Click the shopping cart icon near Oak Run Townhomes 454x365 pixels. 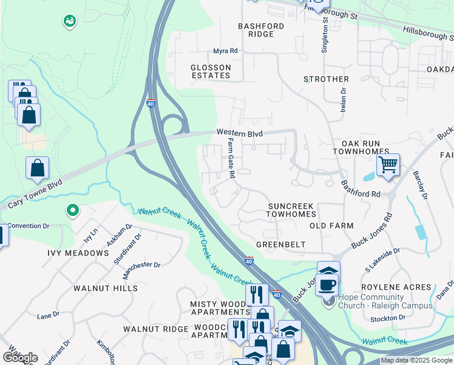tap(388, 164)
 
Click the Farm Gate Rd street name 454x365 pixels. tap(231, 158)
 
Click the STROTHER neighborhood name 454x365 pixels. tap(326, 79)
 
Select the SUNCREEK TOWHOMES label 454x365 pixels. tap(292, 210)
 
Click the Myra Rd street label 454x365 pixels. tap(225, 52)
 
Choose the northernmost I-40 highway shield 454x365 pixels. tap(151, 103)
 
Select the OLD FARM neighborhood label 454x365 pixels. tap(331, 226)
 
